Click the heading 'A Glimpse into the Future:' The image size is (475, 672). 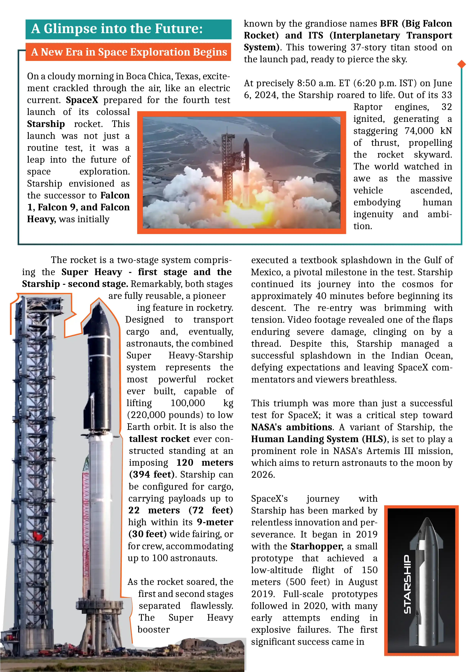pos(117,29)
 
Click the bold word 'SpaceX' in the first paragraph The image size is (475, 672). pos(82,100)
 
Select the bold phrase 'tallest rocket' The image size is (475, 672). pos(160,439)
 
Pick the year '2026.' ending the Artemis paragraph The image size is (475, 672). pos(263,474)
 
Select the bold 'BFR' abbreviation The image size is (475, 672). pos(389,23)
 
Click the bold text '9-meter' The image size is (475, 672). pos(215,522)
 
